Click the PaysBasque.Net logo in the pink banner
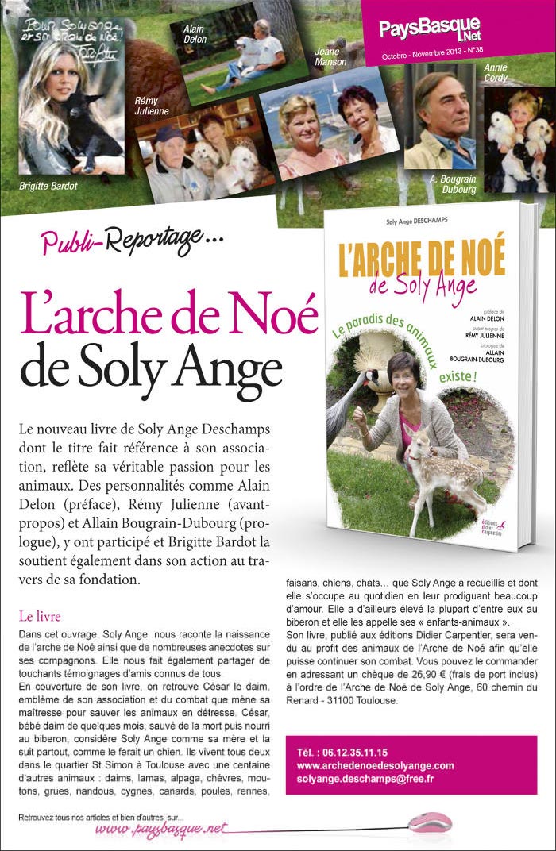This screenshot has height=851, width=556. [x=429, y=29]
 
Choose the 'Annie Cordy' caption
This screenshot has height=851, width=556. [x=496, y=74]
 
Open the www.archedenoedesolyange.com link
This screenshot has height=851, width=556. [x=375, y=765]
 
